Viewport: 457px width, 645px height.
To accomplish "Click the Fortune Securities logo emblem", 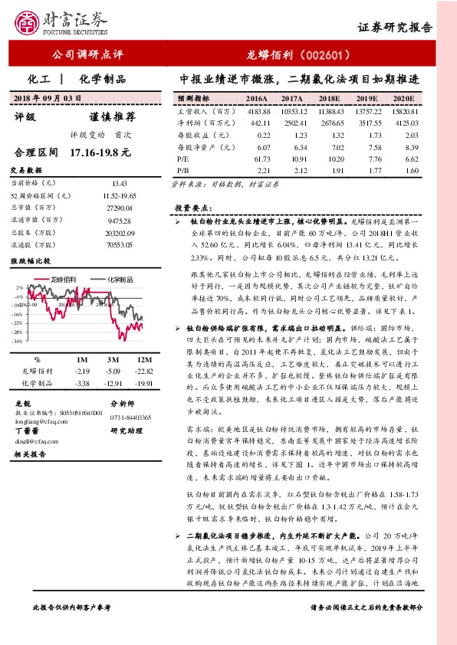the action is tap(28, 22).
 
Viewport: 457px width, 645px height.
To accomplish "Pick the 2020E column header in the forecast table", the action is tap(403, 100).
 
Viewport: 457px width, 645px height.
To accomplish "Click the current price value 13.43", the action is tap(119, 184).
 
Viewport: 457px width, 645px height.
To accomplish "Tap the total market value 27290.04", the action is tap(119, 207).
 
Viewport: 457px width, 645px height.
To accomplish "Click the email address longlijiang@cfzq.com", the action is tap(38, 421).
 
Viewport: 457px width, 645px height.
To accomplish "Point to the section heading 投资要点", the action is tap(192, 208).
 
